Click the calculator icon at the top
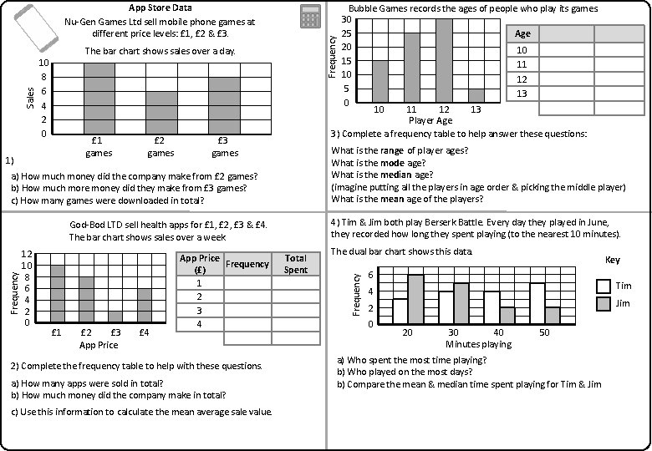pyautogui.click(x=310, y=16)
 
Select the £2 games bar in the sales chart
pyautogui.click(x=160, y=113)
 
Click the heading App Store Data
pyautogui.click(x=160, y=8)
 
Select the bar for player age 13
pyautogui.click(x=476, y=95)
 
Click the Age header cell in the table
pyautogui.click(x=523, y=33)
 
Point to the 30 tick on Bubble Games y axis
pyautogui.click(x=346, y=20)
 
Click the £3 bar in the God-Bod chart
pyautogui.click(x=115, y=317)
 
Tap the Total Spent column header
pyautogui.click(x=295, y=264)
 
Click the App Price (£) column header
pyautogui.click(x=200, y=264)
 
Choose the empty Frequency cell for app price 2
pyautogui.click(x=247, y=296)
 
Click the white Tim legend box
pyautogui.click(x=604, y=286)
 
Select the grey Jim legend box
pyautogui.click(x=604, y=304)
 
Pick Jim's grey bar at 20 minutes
pyautogui.click(x=415, y=299)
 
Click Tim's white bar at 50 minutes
pyautogui.click(x=537, y=303)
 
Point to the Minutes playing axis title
pyautogui.click(x=477, y=344)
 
